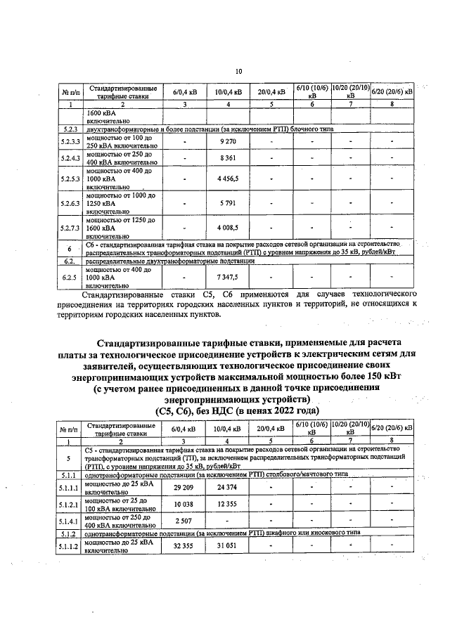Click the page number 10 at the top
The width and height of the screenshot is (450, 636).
point(238,72)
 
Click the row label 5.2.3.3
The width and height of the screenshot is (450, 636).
point(70,141)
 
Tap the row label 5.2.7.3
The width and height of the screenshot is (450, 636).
point(70,228)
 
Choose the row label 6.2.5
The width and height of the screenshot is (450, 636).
point(69,278)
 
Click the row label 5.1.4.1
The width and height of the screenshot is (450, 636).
point(69,522)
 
